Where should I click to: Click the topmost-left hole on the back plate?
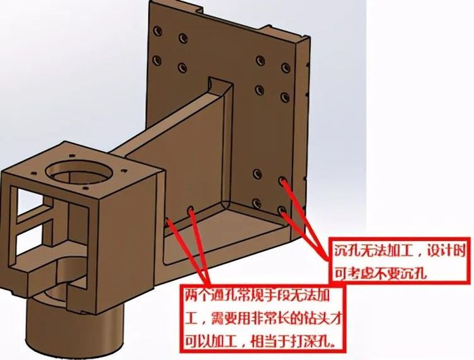coord(157,30)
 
